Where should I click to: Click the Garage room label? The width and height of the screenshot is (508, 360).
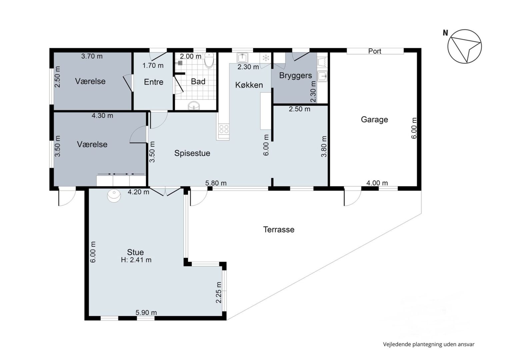(374, 120)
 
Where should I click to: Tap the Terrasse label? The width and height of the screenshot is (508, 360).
(279, 230)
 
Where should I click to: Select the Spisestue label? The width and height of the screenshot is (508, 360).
(192, 153)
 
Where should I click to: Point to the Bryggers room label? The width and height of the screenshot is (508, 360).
(296, 76)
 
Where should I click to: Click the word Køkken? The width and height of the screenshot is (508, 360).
(249, 85)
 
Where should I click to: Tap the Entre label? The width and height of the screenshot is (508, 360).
(154, 82)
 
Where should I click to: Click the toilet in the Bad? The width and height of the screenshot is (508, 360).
(209, 60)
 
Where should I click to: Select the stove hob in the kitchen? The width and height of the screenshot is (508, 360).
(224, 129)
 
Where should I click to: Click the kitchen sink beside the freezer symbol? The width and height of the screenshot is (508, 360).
(242, 58)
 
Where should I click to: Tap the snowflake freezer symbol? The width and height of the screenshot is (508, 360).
(265, 58)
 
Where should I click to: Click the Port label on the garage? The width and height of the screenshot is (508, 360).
(375, 51)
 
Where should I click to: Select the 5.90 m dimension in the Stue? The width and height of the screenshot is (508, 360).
(146, 313)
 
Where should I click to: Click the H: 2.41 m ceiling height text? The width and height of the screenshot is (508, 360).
(136, 260)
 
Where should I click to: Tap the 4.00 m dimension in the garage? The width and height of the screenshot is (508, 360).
(377, 183)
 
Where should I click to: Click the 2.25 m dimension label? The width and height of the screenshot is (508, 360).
(218, 292)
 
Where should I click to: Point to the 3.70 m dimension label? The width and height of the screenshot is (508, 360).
(92, 56)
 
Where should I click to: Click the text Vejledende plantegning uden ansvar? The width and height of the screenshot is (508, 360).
(429, 344)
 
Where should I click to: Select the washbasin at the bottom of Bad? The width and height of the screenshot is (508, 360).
(194, 106)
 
